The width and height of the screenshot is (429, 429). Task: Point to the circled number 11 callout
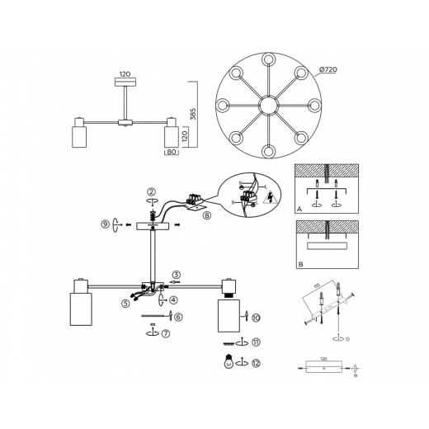(x=256, y=342)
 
